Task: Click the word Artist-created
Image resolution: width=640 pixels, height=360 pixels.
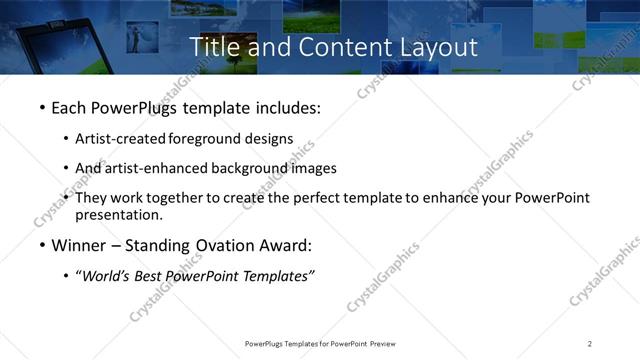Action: click(x=122, y=139)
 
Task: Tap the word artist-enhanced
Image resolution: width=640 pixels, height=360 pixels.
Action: click(x=153, y=168)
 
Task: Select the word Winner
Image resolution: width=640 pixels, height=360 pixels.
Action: click(x=81, y=245)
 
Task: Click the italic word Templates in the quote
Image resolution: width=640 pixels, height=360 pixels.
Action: click(x=278, y=276)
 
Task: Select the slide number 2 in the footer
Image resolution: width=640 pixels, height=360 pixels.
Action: click(x=590, y=344)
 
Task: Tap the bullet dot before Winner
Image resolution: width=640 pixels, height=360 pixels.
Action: click(x=41, y=245)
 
